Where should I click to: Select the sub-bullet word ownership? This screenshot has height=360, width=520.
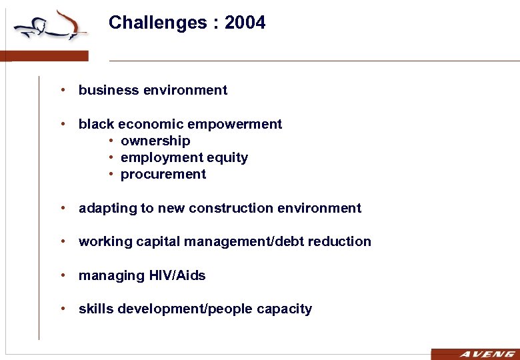[x=155, y=141]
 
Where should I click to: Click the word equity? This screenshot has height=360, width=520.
[x=227, y=157]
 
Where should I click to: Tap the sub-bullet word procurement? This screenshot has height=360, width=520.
[x=163, y=174]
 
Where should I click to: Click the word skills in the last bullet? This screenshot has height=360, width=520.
[x=95, y=309]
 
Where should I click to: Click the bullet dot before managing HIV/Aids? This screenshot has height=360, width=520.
[x=61, y=275]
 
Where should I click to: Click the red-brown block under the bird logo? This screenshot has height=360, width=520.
[x=44, y=56]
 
